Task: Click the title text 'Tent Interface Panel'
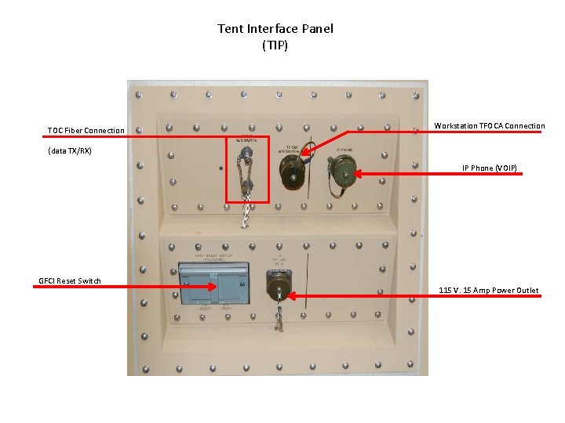tap(275, 29)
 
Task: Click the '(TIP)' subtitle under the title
tap(275, 45)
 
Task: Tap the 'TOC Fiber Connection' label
tap(86, 130)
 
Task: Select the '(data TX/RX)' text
tap(70, 150)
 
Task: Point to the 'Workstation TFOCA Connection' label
tap(490, 126)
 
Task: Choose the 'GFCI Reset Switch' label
tap(70, 281)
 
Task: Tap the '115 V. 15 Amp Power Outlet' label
tap(489, 291)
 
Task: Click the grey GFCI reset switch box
tap(207, 284)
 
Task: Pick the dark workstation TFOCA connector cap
tap(292, 166)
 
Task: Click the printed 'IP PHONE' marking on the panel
tap(346, 149)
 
